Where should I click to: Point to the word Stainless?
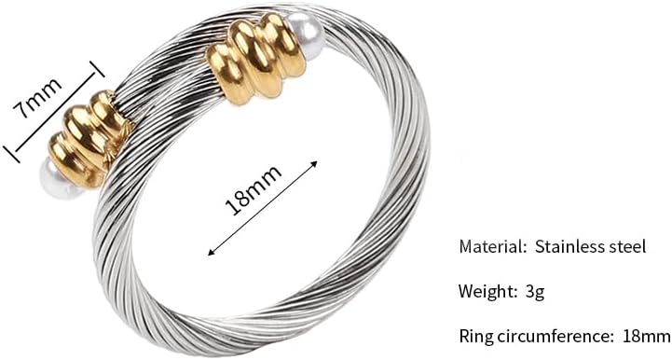[569, 247]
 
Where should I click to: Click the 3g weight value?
[534, 291]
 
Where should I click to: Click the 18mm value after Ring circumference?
[645, 334]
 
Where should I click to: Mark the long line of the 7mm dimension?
[54, 112]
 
